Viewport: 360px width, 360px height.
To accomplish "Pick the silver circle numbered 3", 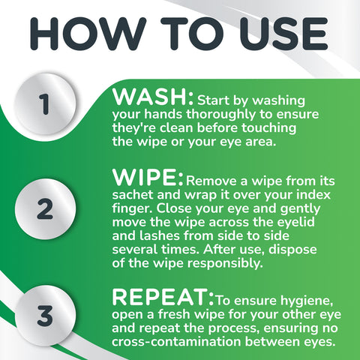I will (x=45, y=316).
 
